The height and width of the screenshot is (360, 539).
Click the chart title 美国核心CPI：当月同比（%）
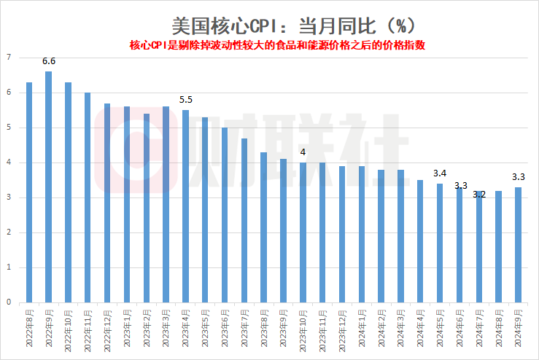click(294, 25)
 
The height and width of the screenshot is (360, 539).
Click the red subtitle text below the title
click(277, 44)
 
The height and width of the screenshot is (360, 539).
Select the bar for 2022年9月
click(48, 187)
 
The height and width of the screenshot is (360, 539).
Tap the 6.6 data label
click(48, 62)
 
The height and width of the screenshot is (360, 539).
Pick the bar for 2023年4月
click(185, 206)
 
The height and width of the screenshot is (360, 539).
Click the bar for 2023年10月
click(303, 232)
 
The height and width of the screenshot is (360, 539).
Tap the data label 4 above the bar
click(303, 153)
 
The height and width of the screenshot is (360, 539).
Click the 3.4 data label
click(440, 173)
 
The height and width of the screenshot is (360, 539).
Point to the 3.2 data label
click(479, 194)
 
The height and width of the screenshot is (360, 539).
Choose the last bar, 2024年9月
click(518, 244)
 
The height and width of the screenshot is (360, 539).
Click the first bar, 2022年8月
click(29, 192)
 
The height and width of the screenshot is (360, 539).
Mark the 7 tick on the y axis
click(9, 58)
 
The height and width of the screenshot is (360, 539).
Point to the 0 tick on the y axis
click(9, 302)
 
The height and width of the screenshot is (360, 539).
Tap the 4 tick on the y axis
click(9, 163)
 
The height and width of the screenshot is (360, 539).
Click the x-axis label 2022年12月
click(108, 328)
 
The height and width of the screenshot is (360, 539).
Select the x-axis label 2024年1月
click(362, 328)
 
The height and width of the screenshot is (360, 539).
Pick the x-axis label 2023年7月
click(244, 328)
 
